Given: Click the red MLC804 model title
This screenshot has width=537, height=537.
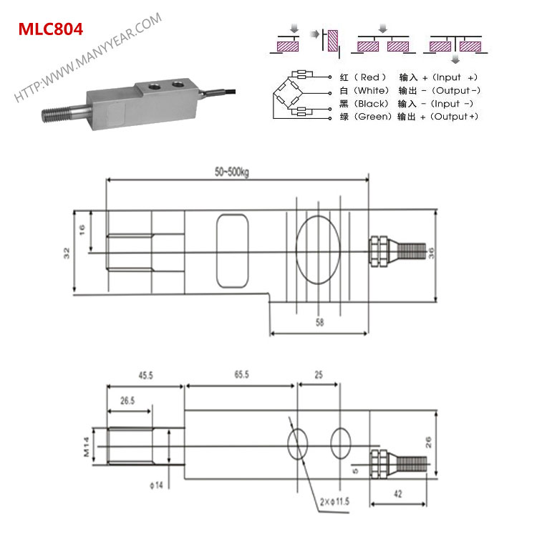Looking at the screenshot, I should pos(50,29).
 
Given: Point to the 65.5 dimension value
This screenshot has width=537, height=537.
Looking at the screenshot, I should pos(241,374).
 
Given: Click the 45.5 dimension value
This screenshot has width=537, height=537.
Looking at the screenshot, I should pos(146,374).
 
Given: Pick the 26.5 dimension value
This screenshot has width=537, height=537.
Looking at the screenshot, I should pos(128,402).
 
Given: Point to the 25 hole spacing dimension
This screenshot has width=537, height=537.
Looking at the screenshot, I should pos(318,374).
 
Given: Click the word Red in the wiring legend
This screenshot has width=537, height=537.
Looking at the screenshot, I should pos(370,77).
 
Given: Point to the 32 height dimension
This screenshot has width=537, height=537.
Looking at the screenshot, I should pos(66,252).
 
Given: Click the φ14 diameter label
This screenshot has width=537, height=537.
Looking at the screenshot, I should pos(159,486).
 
